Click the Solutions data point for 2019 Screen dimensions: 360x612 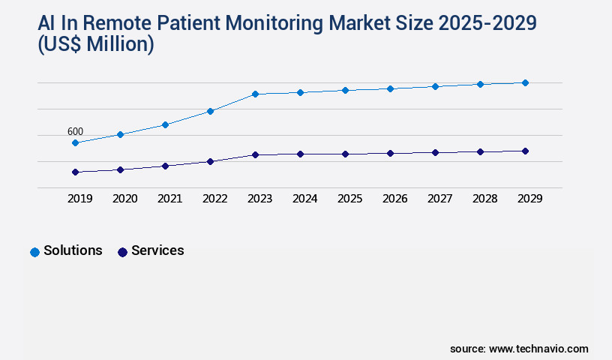pos(75,142)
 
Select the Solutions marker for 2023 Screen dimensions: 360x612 pos(255,94)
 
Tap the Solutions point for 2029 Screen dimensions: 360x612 pos(525,82)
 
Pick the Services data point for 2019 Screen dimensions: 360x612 pos(75,172)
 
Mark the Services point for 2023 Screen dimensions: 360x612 pos(255,154)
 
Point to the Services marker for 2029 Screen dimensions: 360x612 pos(525,151)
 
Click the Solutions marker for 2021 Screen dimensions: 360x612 pos(165,124)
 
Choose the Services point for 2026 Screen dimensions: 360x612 pos(390,153)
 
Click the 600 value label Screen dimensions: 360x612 pos(75,131)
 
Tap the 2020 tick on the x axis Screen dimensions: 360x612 pos(124,199)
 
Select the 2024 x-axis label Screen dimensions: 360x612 pos(304,199)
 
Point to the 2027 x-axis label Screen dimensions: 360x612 pos(439,199)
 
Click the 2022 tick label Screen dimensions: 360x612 pos(214,199)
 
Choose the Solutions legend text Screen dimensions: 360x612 pos(73,250)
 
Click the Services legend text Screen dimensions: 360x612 pos(157,250)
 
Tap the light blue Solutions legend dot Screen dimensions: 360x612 pos(34,252)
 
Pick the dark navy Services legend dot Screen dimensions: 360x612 pos(122,252)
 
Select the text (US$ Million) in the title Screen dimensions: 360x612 pos(96,45)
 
